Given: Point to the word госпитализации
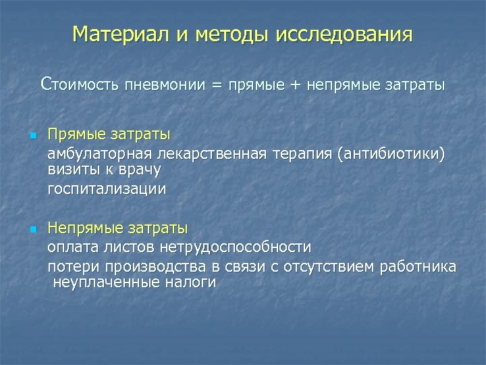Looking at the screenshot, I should [x=106, y=189].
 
